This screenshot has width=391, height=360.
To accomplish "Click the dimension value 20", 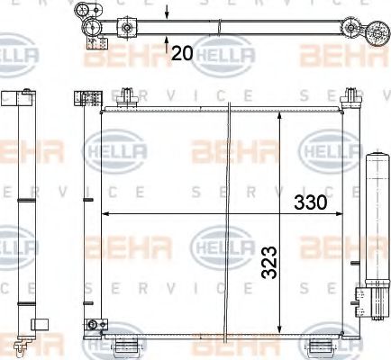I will point(181,53).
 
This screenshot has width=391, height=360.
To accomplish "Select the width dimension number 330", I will point(311,202).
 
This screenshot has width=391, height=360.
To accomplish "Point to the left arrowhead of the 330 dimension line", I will point(105,214).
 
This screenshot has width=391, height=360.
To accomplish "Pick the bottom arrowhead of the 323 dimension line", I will point(282,330).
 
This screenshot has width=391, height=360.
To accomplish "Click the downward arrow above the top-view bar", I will point(168,13).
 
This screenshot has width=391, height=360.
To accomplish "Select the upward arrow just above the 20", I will point(168,37).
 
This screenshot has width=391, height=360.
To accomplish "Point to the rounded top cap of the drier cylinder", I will point(375,158).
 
